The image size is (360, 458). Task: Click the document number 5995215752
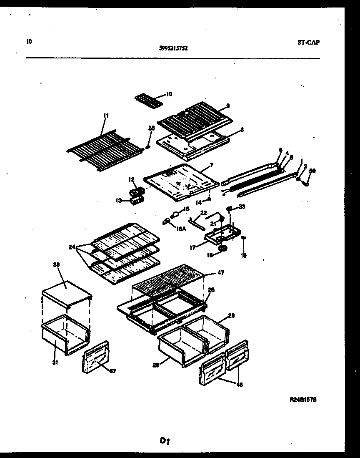(x=173, y=48)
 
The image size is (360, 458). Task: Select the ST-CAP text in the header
(x=309, y=42)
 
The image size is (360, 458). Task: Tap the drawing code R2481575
(x=303, y=399)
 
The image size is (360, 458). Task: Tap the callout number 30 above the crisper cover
(x=56, y=264)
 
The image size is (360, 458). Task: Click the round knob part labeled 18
(x=223, y=249)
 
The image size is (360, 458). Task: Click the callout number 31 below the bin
(x=55, y=362)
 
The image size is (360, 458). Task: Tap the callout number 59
(x=313, y=171)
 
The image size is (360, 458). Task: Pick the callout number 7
(x=211, y=165)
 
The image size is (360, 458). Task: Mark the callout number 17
(x=192, y=247)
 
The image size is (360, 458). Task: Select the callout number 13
(x=119, y=201)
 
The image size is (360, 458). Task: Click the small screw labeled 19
(x=244, y=238)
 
